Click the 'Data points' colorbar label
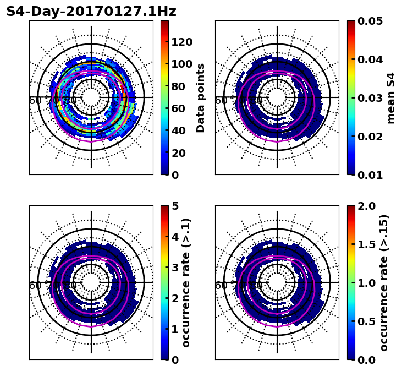(201, 98)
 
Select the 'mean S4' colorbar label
(391, 98)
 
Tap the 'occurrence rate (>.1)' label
(186, 282)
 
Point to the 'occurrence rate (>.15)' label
(384, 282)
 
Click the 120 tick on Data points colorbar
(182, 42)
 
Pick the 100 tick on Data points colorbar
(182, 64)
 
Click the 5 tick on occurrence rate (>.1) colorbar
(174, 206)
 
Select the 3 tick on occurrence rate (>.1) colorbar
(174, 268)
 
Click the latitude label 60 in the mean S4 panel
(221, 101)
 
